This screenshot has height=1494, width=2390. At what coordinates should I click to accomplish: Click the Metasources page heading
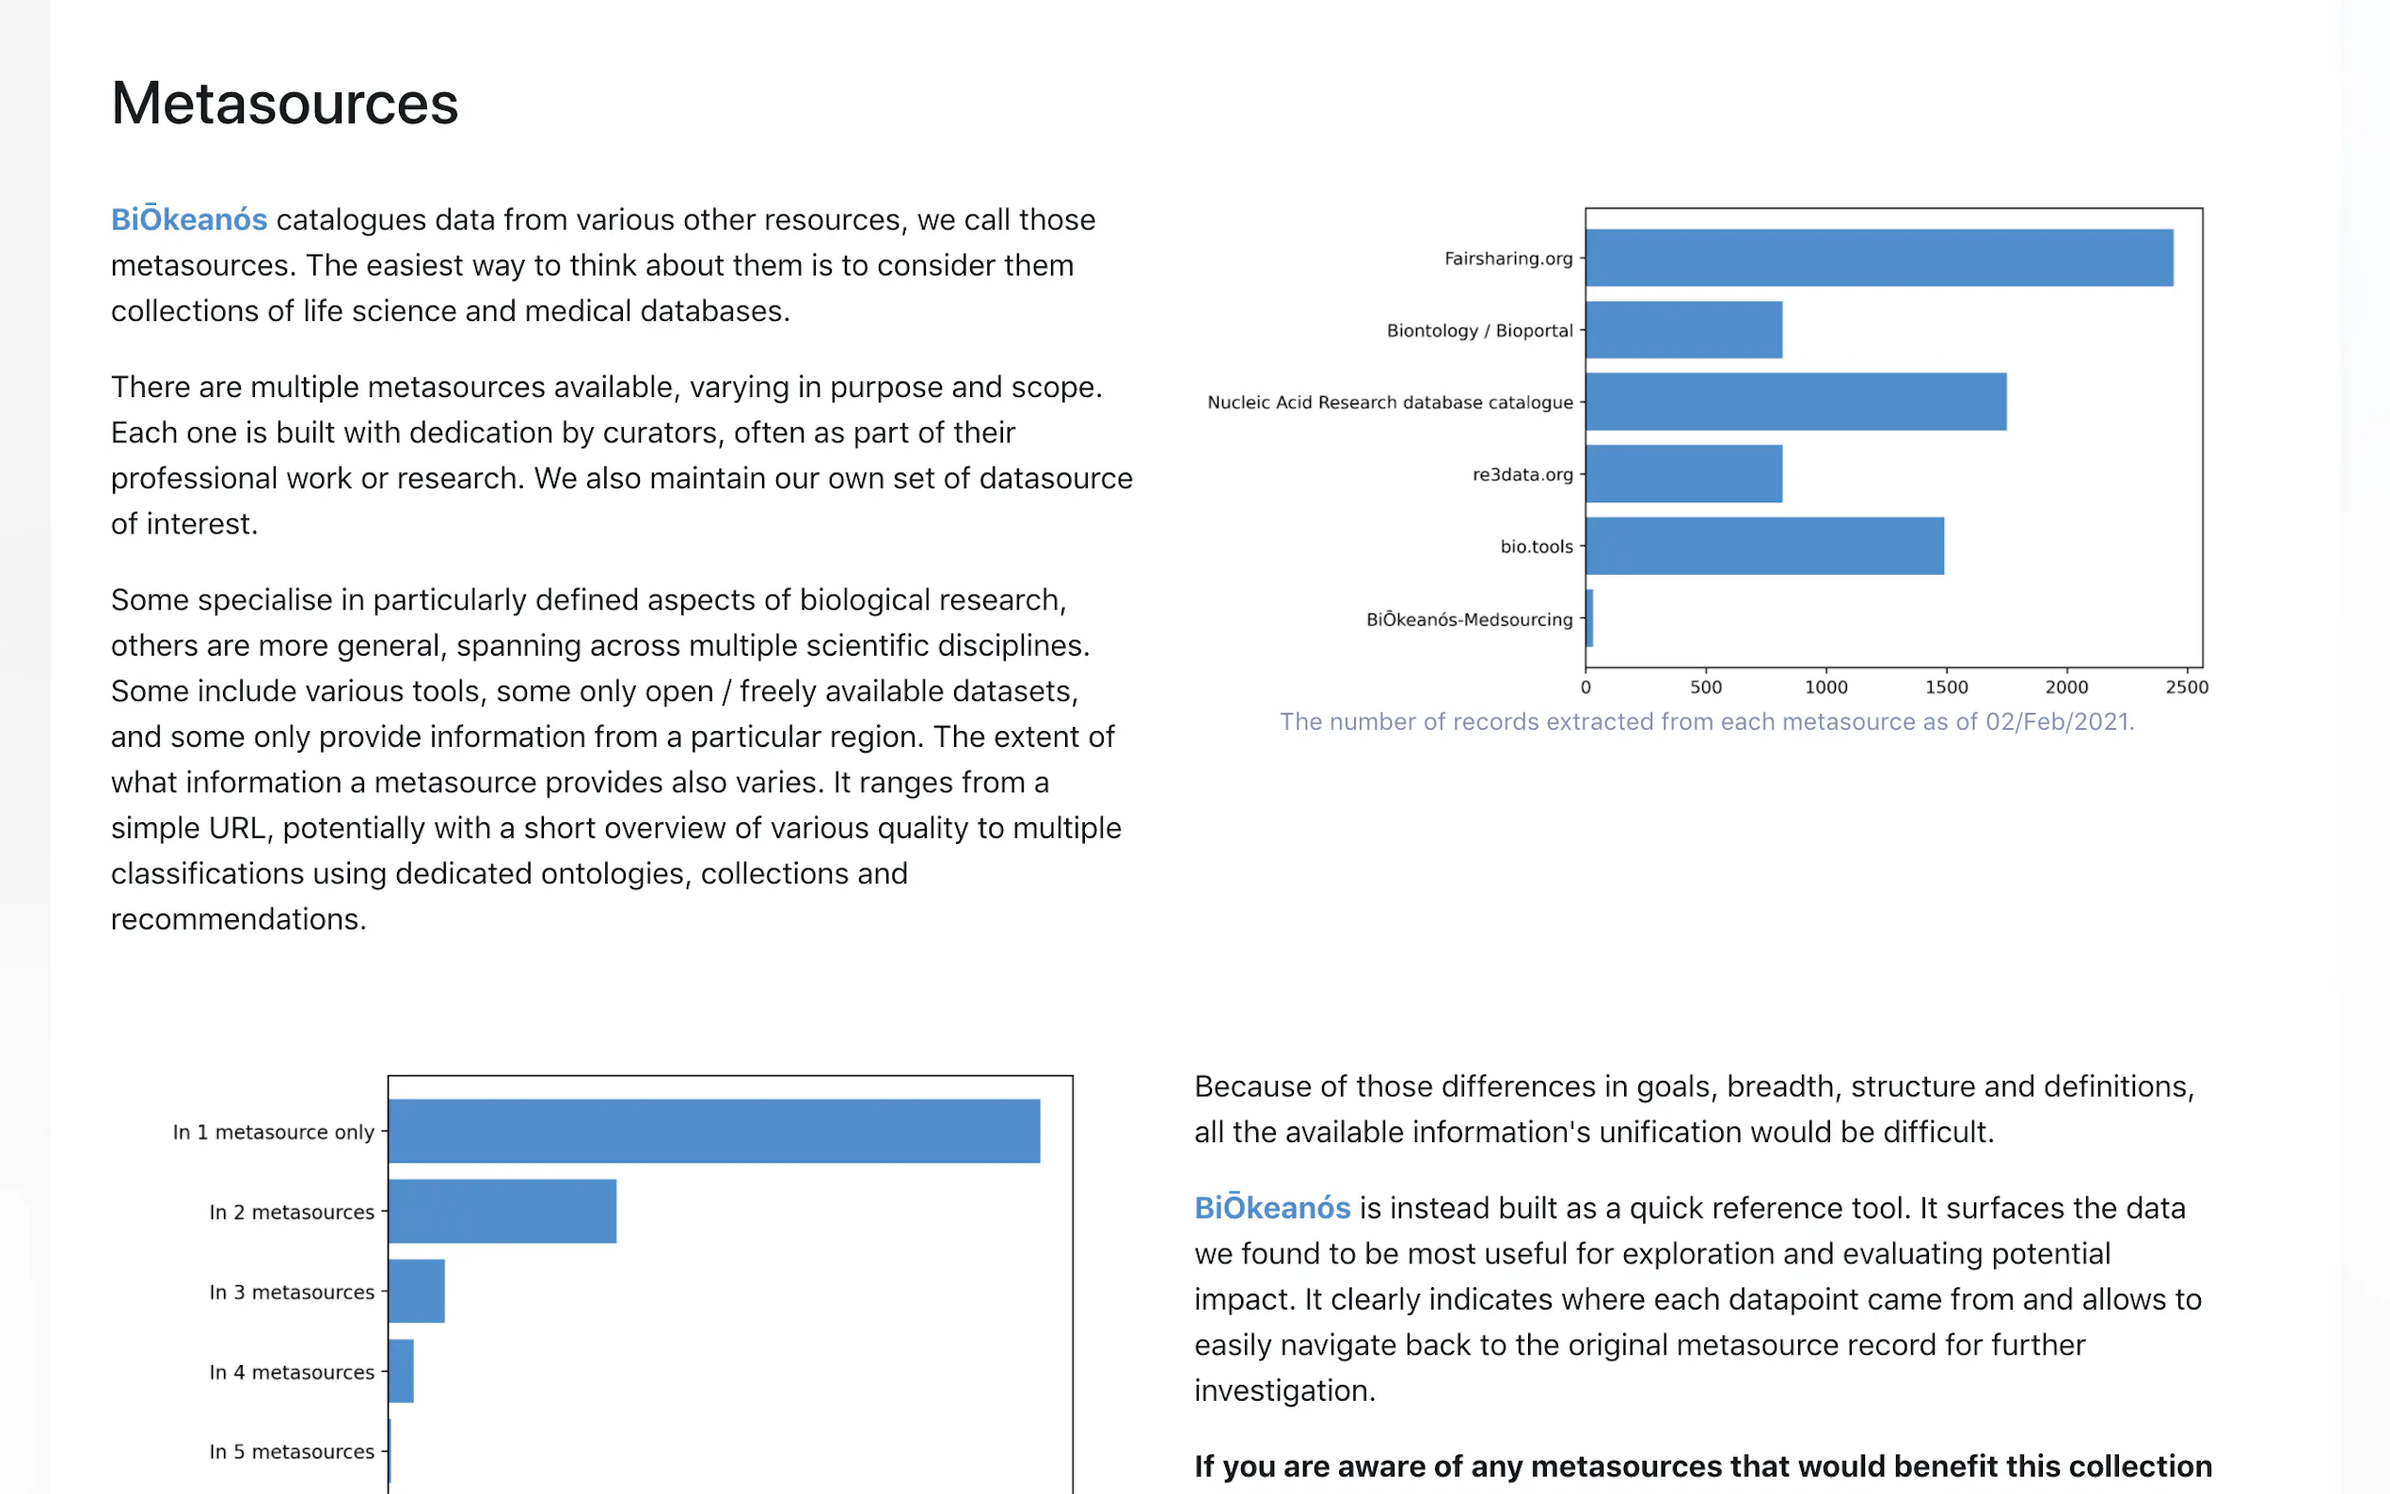click(x=284, y=103)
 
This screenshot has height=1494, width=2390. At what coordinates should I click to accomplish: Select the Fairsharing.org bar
click(x=1878, y=258)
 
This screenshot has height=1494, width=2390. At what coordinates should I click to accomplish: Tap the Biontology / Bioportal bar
click(x=1683, y=330)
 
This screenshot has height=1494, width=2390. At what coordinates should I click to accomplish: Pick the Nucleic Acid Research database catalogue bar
click(x=1795, y=401)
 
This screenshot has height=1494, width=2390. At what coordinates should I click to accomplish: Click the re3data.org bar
click(x=1683, y=473)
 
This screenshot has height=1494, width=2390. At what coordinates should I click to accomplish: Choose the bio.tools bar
click(x=1763, y=546)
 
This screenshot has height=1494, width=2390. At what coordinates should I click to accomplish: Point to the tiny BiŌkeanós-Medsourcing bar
click(x=1588, y=618)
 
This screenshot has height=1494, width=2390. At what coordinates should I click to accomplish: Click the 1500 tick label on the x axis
click(x=1945, y=688)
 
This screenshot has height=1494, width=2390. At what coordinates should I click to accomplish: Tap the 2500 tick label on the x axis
click(x=2186, y=688)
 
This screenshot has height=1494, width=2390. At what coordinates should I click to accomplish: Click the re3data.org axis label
click(x=1522, y=474)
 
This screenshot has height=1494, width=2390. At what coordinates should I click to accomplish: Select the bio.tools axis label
click(x=1536, y=547)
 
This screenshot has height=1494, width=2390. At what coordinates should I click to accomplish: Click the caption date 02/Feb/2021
click(x=2058, y=723)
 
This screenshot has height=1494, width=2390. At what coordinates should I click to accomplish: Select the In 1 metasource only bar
click(x=713, y=1131)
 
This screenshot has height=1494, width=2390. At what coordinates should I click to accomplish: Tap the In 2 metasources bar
click(x=502, y=1211)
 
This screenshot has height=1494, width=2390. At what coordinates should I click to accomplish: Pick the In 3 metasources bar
click(x=416, y=1291)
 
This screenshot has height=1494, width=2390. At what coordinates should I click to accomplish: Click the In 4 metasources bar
click(x=400, y=1371)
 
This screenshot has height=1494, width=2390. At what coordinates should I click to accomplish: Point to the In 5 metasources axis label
click(x=292, y=1452)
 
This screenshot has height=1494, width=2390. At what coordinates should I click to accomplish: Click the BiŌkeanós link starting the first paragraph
click(x=189, y=219)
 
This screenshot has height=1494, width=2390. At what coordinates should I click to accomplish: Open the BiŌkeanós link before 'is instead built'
click(x=1271, y=1207)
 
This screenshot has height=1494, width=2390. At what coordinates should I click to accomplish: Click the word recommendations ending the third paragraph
click(x=237, y=919)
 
